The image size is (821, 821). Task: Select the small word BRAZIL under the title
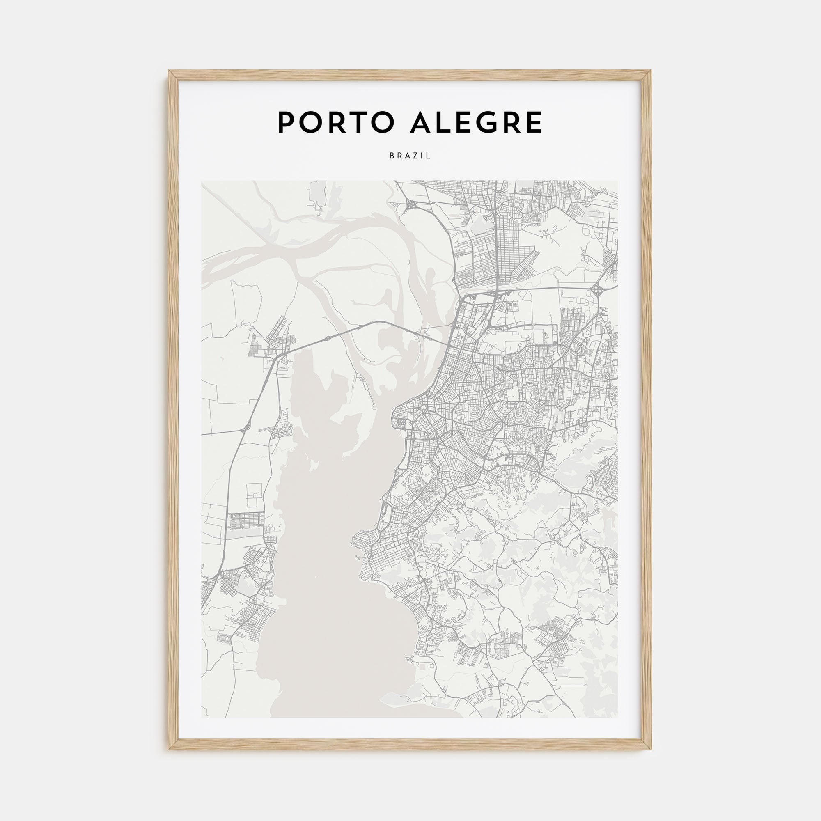click(x=410, y=156)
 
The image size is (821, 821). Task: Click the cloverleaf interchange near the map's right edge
click(x=599, y=289)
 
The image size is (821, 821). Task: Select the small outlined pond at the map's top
click(x=317, y=193)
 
